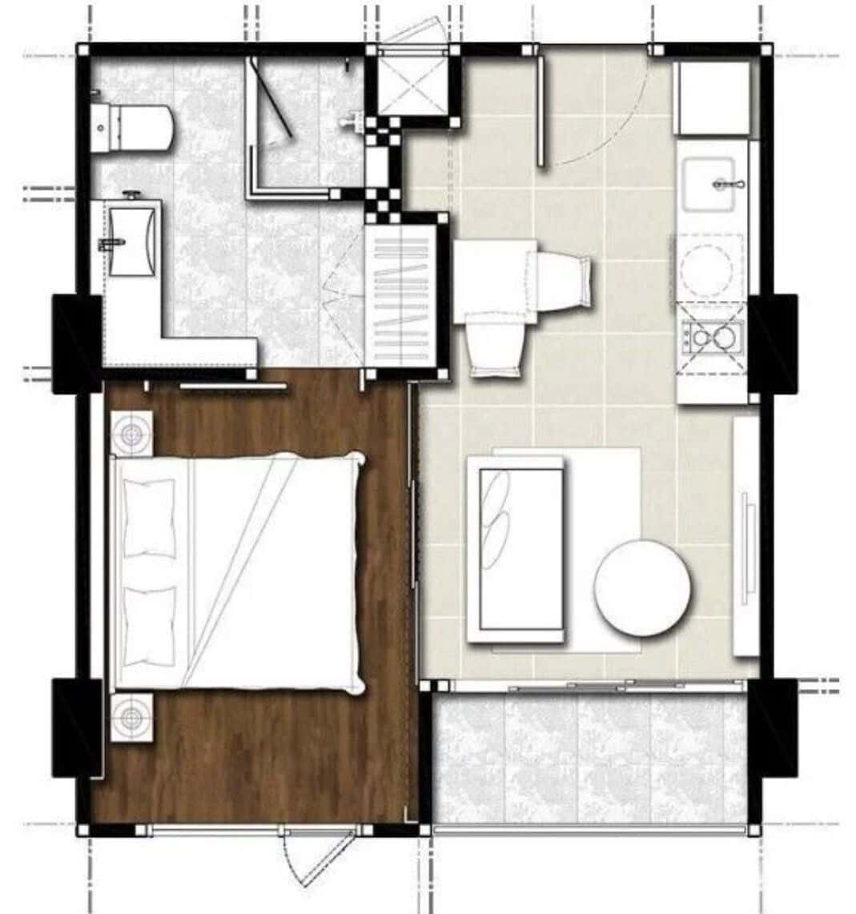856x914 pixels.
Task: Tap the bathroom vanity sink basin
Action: click(x=131, y=240)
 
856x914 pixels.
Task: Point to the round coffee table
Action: click(x=641, y=587)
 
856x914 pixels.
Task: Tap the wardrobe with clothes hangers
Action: click(x=401, y=296)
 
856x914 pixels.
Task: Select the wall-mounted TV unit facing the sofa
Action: click(x=745, y=536)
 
